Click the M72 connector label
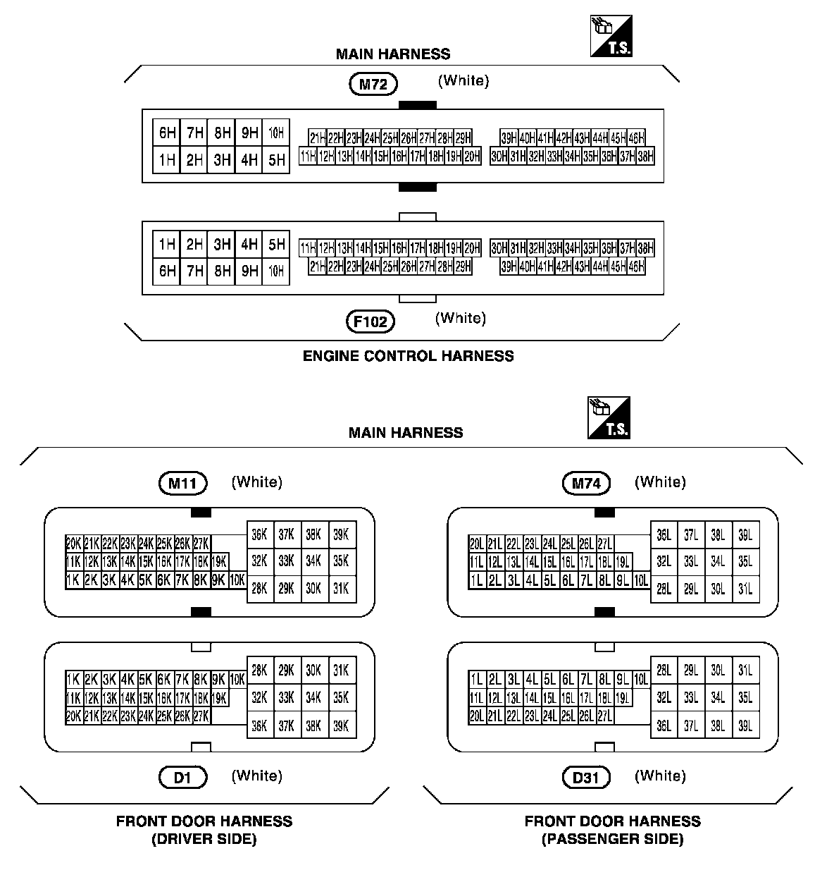pyautogui.click(x=373, y=85)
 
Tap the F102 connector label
pyautogui.click(x=371, y=322)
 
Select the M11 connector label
pyautogui.click(x=182, y=484)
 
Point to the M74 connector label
pyautogui.click(x=586, y=484)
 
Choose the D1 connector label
pyautogui.click(x=182, y=778)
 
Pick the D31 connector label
pyautogui.click(x=586, y=778)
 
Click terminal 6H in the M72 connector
pyautogui.click(x=167, y=133)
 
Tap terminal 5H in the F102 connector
pyautogui.click(x=276, y=245)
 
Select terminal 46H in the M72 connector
pyautogui.click(x=636, y=138)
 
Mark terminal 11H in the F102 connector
pyautogui.click(x=308, y=248)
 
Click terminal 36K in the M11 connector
pyautogui.click(x=260, y=534)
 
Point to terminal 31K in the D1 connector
pyautogui.click(x=341, y=670)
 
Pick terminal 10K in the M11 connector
pyautogui.click(x=237, y=580)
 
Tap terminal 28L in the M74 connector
pyautogui.click(x=664, y=589)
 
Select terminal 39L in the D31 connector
pyautogui.click(x=745, y=725)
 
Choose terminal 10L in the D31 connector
pyautogui.click(x=640, y=680)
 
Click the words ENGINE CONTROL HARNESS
pyautogui.click(x=408, y=356)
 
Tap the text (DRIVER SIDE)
pyautogui.click(x=204, y=839)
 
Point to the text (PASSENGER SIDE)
pyautogui.click(x=612, y=839)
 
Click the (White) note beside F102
pyautogui.click(x=461, y=318)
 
